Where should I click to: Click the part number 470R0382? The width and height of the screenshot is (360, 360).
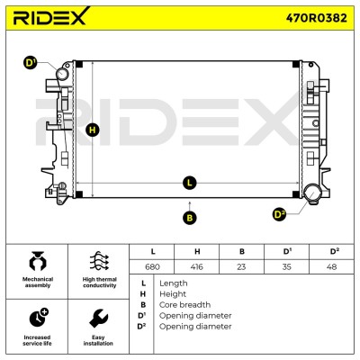pyautogui.click(x=317, y=18)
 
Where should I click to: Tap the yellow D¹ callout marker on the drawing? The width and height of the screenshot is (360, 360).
pyautogui.click(x=30, y=63)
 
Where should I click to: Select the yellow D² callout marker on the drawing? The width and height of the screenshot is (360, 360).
pyautogui.click(x=279, y=214)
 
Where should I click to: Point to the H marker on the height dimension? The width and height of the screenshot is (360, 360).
pyautogui.click(x=93, y=130)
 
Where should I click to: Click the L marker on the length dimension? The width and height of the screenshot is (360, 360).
pyautogui.click(x=189, y=183)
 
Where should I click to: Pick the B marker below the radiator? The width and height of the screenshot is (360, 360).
pyautogui.click(x=189, y=218)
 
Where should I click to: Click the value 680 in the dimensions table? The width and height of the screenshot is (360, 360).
pyautogui.click(x=152, y=266)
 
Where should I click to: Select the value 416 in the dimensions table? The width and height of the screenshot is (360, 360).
pyautogui.click(x=197, y=266)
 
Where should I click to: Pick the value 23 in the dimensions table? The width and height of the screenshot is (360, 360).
pyautogui.click(x=241, y=266)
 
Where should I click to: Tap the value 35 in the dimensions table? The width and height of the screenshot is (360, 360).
pyautogui.click(x=287, y=266)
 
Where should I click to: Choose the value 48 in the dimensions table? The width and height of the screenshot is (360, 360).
pyautogui.click(x=331, y=266)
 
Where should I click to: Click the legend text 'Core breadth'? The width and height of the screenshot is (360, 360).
pyautogui.click(x=184, y=305)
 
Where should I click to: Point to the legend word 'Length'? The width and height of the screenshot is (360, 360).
pyautogui.click(x=174, y=283)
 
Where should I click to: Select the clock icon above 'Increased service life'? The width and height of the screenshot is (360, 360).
pyautogui.click(x=39, y=318)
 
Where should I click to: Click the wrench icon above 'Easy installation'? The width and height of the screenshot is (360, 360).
pyautogui.click(x=99, y=318)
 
